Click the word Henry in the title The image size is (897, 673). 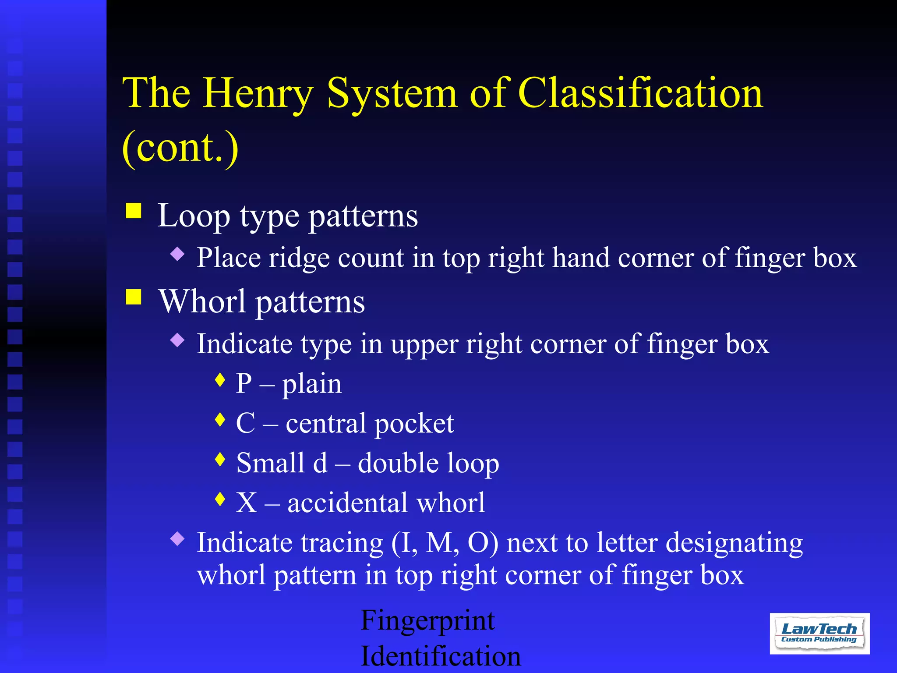click(258, 93)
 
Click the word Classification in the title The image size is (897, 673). click(640, 93)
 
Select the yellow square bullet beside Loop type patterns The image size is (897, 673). click(134, 210)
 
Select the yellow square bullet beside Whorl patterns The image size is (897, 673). click(134, 297)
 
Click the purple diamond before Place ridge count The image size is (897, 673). click(177, 254)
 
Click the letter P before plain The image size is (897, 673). click(244, 384)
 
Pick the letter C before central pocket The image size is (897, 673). click(245, 424)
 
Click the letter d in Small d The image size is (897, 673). click(320, 463)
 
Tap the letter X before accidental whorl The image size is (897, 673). click(246, 503)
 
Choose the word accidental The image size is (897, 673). click(347, 503)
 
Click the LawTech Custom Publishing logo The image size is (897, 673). click(819, 633)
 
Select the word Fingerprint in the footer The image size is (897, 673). click(427, 621)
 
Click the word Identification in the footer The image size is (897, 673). click(441, 656)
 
